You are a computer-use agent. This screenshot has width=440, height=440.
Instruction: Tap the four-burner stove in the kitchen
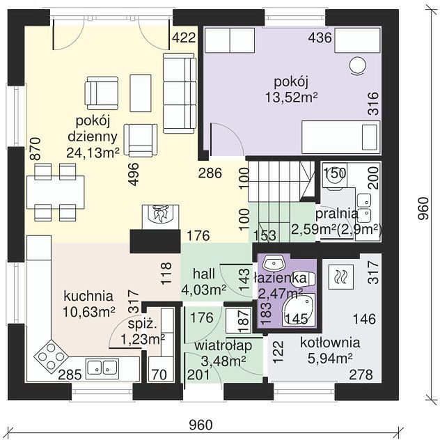tap(51, 356)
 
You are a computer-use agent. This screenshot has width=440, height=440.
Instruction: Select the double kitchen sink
tap(102, 367)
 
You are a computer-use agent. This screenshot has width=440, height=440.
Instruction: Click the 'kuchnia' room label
tap(88, 297)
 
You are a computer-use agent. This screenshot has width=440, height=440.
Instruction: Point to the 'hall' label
tap(204, 274)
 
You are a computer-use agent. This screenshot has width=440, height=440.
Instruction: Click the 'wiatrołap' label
tap(223, 346)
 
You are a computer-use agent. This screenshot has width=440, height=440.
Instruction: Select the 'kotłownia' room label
tap(330, 343)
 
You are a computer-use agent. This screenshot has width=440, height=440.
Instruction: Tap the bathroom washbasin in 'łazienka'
tap(274, 263)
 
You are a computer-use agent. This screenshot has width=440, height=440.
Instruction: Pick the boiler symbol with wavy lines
tap(341, 277)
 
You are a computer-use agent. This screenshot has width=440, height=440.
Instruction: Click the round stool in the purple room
tap(358, 65)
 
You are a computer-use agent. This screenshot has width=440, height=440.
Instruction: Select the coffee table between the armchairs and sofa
tap(141, 93)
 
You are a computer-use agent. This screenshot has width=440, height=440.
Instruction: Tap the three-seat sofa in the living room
tap(180, 93)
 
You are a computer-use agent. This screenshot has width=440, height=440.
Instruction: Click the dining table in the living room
tap(56, 192)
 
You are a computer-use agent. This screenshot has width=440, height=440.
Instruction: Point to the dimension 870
tap(36, 149)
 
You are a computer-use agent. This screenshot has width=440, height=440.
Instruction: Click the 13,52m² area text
tap(291, 97)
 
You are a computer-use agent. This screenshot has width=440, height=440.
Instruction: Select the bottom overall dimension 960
tap(201, 425)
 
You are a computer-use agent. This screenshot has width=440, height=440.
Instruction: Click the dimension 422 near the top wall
tap(184, 38)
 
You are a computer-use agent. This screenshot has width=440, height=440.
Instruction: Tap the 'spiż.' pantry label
tap(142, 324)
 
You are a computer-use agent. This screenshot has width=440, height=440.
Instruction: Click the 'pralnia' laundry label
tap(337, 214)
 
